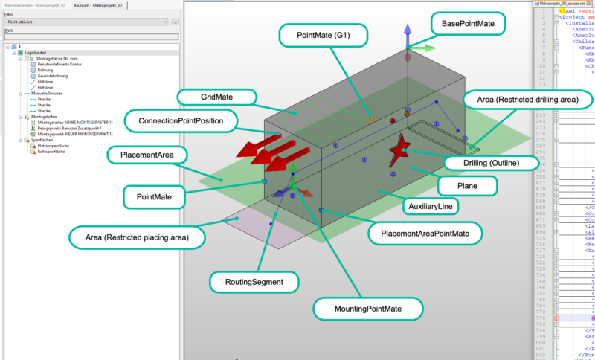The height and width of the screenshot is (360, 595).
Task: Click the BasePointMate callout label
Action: click(x=469, y=24)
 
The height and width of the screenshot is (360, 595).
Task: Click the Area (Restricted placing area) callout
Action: click(x=136, y=238)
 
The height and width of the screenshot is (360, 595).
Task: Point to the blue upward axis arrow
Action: click(x=407, y=33)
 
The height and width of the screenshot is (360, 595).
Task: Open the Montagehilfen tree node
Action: click(x=42, y=117)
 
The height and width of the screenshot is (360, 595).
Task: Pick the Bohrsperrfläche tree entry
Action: click(x=54, y=151)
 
